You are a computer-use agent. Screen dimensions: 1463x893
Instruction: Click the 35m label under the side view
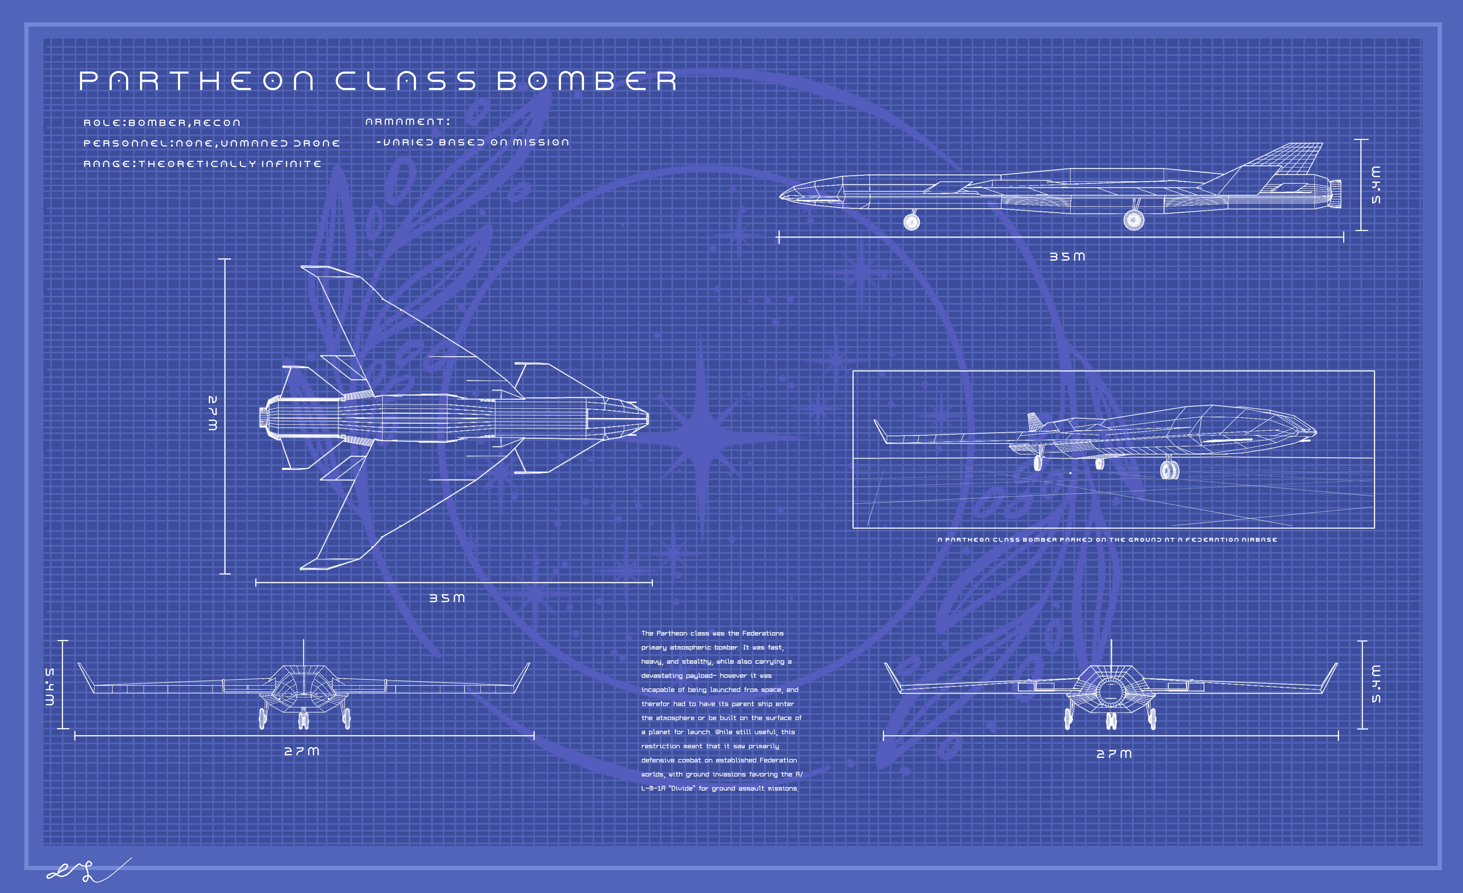pos(1067,256)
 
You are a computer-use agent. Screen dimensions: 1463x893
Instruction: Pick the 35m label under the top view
pos(447,598)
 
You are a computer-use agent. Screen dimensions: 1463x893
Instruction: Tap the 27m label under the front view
pos(302,751)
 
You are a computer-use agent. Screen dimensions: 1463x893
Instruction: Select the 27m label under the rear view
pos(1114,754)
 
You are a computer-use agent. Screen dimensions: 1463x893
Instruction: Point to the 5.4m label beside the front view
pos(50,687)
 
